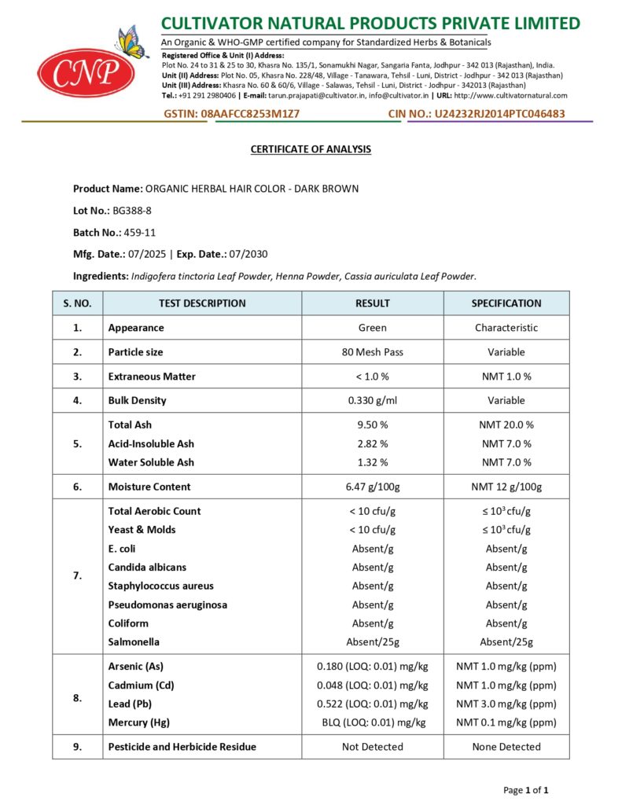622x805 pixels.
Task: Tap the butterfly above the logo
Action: (131, 42)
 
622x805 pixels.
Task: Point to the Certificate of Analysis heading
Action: (311, 149)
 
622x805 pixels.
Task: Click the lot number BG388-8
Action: (129, 211)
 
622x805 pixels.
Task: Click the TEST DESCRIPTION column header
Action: (202, 303)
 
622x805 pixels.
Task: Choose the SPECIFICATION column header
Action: (506, 303)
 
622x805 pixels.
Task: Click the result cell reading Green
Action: (372, 328)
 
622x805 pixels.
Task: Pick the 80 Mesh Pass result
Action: (372, 352)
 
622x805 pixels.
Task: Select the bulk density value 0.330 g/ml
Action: (372, 400)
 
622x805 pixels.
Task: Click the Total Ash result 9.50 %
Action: (372, 425)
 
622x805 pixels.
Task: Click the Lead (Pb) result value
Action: (372, 704)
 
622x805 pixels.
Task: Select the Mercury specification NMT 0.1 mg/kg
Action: (506, 722)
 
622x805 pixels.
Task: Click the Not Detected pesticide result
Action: (372, 747)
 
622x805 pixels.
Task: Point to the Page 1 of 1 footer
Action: (525, 789)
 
